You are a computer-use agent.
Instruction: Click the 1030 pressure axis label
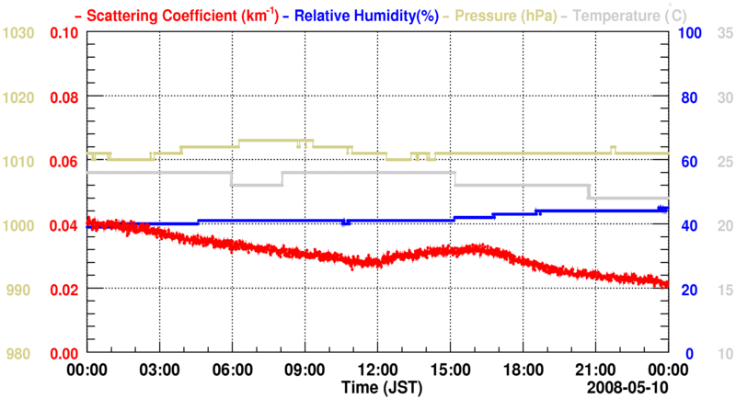19,33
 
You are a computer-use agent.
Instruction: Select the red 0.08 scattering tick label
64,97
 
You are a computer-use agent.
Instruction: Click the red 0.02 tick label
64,290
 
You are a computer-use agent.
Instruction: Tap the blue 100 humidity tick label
691,33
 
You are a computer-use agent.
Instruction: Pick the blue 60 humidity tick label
687,162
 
